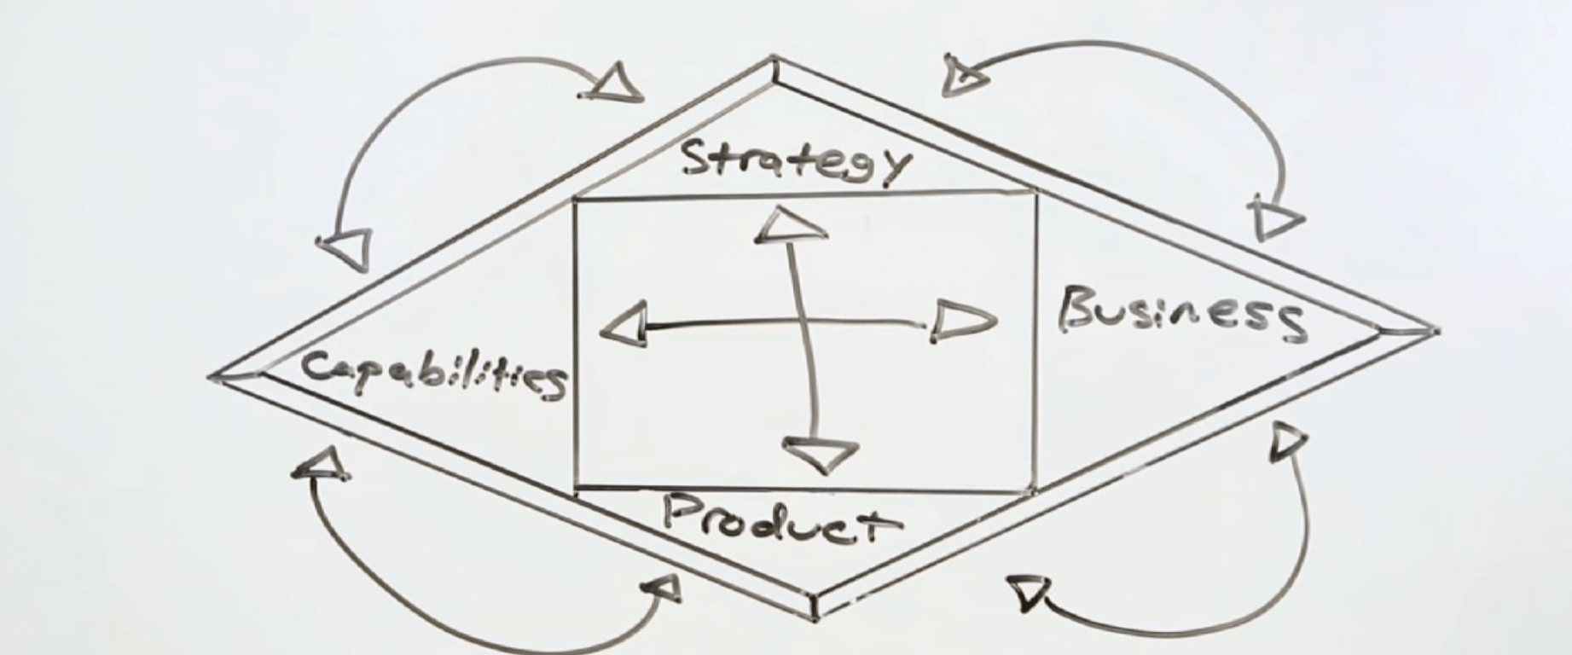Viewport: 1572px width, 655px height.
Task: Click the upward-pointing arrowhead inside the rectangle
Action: click(x=789, y=225)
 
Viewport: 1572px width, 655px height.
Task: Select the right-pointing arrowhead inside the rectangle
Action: click(x=961, y=322)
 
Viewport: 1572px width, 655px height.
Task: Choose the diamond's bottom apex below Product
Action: click(x=816, y=612)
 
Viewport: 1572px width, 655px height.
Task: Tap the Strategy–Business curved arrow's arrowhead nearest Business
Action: click(x=1274, y=219)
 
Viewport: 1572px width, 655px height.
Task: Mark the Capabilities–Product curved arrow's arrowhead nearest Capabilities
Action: click(x=322, y=464)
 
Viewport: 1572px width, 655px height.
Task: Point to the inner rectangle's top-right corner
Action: click(x=1035, y=194)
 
